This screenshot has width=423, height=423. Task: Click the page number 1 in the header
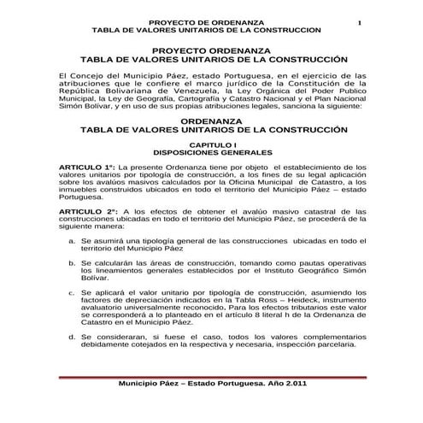[x=361, y=21]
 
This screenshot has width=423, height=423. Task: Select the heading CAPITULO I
[x=211, y=146]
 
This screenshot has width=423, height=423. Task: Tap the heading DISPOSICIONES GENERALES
[x=211, y=154]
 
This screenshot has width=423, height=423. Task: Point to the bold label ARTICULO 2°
[x=85, y=210]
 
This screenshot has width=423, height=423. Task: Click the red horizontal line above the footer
[x=211, y=377]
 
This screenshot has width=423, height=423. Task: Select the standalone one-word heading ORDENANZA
[x=211, y=122]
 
